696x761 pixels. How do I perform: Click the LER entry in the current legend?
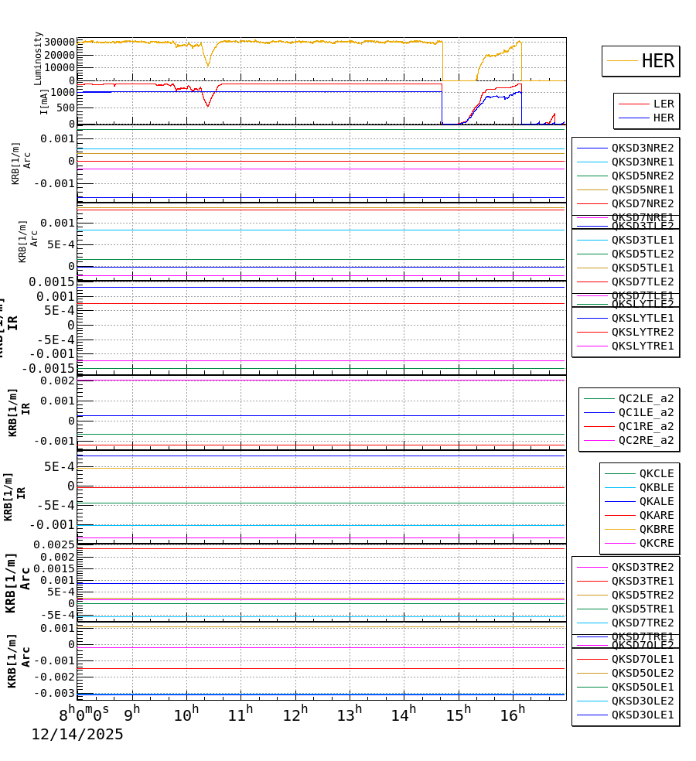[x=663, y=104]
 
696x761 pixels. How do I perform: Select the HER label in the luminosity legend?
[x=657, y=61]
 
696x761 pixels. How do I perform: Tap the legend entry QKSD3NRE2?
[x=642, y=148]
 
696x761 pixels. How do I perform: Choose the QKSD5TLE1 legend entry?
[x=642, y=268]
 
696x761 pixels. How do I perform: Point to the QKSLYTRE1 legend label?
[x=642, y=346]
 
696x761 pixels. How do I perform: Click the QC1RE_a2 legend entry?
[x=645, y=426]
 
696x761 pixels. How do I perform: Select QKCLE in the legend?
[x=656, y=473]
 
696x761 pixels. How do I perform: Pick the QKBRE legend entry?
[x=656, y=529]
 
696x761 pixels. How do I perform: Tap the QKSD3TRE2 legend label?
[x=642, y=567]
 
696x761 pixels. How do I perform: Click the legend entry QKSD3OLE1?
[x=642, y=715]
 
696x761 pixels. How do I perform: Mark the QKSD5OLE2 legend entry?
[x=642, y=673]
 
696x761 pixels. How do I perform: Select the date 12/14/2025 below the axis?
[x=77, y=735]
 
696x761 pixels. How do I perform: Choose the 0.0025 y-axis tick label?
[x=52, y=545]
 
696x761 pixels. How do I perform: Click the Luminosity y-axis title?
[x=38, y=58]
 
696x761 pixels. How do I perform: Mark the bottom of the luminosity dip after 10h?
[x=207, y=66]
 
